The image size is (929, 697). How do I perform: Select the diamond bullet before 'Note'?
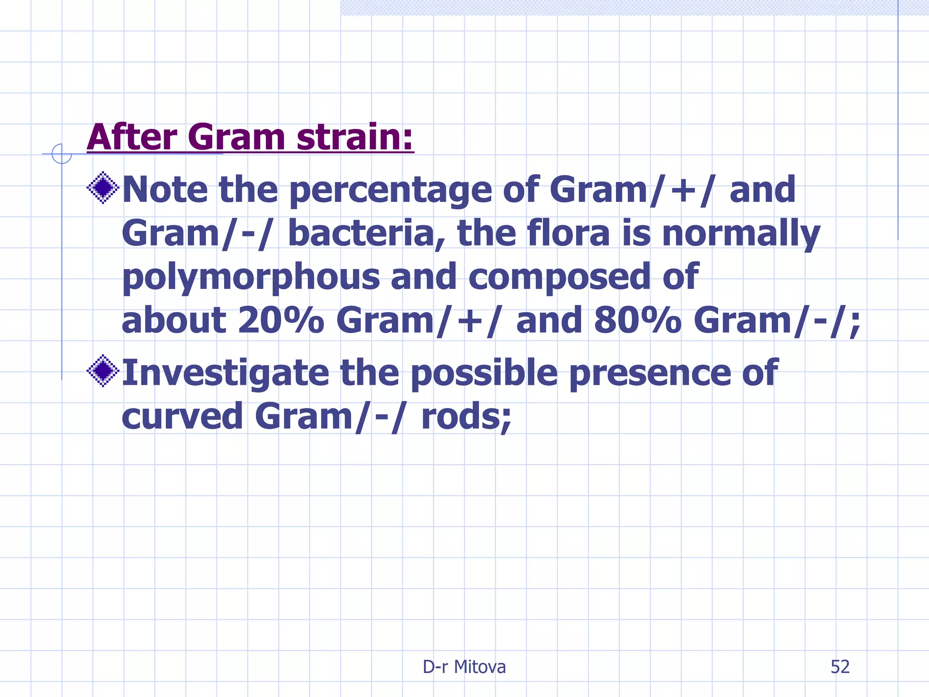coord(103,187)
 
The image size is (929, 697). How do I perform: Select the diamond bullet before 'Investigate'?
coord(103,371)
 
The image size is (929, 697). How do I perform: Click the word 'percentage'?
coord(390,191)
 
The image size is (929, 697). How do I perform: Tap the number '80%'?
coord(637,320)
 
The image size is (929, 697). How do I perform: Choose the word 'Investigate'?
coord(225,373)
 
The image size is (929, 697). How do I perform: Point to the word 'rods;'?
coord(466,416)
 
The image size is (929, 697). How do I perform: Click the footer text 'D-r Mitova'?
coord(464,667)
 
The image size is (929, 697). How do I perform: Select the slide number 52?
coord(840,667)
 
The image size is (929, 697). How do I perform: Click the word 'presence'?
coord(650,373)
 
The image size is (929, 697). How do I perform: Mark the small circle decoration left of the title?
coord(62,154)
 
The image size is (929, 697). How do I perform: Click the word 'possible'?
coord(484,373)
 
